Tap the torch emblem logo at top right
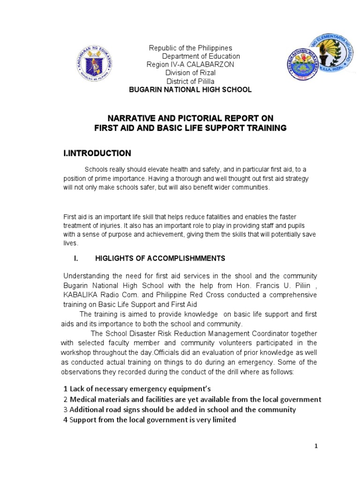[328, 51]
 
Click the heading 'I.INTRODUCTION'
[97, 153]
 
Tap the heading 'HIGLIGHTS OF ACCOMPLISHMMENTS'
[160, 258]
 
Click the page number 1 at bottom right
[316, 446]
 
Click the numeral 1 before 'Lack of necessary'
[65, 389]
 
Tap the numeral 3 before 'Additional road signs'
[66, 410]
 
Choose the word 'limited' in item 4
[222, 420]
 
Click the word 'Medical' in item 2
[83, 399]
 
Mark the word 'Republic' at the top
[162, 48]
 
